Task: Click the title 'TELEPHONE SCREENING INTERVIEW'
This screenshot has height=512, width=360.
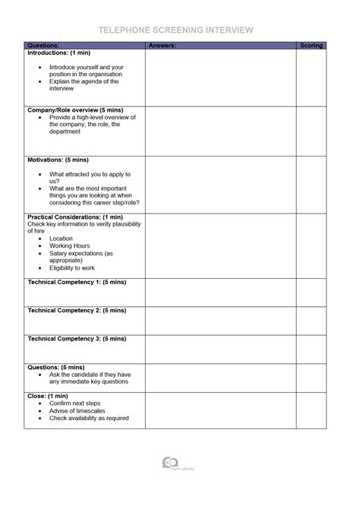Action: click(x=175, y=30)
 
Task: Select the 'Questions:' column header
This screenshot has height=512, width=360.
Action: click(x=43, y=46)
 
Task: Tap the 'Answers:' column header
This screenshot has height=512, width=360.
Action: click(x=163, y=46)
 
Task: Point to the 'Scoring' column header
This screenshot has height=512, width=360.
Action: click(x=311, y=46)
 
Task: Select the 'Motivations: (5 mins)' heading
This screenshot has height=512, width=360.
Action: click(x=58, y=160)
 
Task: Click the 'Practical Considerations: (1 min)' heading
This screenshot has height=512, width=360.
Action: click(x=74, y=217)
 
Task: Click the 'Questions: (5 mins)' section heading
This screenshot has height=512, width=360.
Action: click(x=55, y=367)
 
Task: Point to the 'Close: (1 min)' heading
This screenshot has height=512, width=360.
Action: click(x=48, y=396)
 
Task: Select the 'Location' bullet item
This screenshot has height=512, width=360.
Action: click(x=62, y=239)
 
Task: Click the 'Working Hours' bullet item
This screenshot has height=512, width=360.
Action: click(x=70, y=246)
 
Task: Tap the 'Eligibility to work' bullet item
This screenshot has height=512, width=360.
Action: click(x=72, y=268)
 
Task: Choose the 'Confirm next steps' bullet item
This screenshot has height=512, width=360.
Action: click(x=75, y=403)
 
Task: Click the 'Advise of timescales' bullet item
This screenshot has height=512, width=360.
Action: click(x=78, y=411)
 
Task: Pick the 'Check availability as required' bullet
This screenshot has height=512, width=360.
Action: click(x=89, y=419)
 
